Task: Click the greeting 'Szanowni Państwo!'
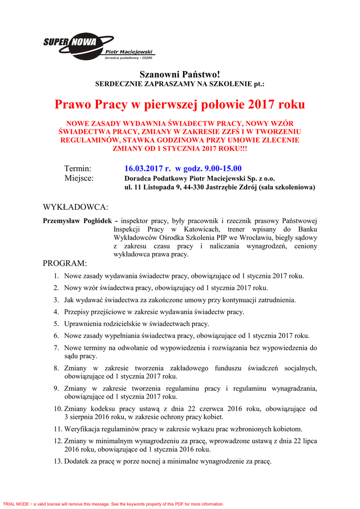point(180,74)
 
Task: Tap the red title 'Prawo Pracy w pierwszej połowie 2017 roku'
point(180,105)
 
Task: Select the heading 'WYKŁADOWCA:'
point(76,206)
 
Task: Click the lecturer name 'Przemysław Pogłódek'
point(78,221)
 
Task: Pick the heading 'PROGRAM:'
point(65,263)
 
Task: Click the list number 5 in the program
point(56,324)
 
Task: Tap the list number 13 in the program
point(57,461)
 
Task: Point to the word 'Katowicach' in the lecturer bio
point(201,229)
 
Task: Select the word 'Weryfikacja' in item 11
point(82,428)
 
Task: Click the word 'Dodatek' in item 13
point(76,461)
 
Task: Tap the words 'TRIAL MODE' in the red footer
point(16,504)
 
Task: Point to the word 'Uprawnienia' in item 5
point(83,324)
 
